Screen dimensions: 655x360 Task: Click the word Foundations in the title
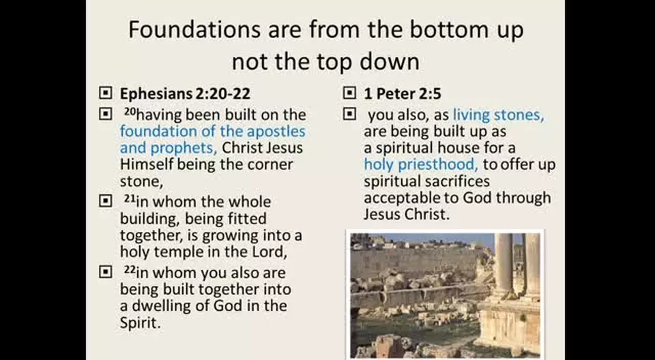(194, 29)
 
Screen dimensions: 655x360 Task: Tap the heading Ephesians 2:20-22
(185, 94)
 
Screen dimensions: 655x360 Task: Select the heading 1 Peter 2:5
(403, 94)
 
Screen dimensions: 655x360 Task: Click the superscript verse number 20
(130, 112)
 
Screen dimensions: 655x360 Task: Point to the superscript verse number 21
(130, 199)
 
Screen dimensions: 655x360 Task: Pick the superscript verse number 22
(130, 270)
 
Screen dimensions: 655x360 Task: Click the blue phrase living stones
(499, 115)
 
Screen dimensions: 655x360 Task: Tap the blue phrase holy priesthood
(421, 165)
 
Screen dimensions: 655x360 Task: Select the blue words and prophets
(169, 148)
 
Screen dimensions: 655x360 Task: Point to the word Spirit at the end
(140, 322)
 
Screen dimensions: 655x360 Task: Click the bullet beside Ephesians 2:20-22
(105, 93)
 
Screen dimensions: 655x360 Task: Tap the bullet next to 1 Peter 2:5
(349, 93)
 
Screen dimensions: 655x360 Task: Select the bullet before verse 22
(105, 273)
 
